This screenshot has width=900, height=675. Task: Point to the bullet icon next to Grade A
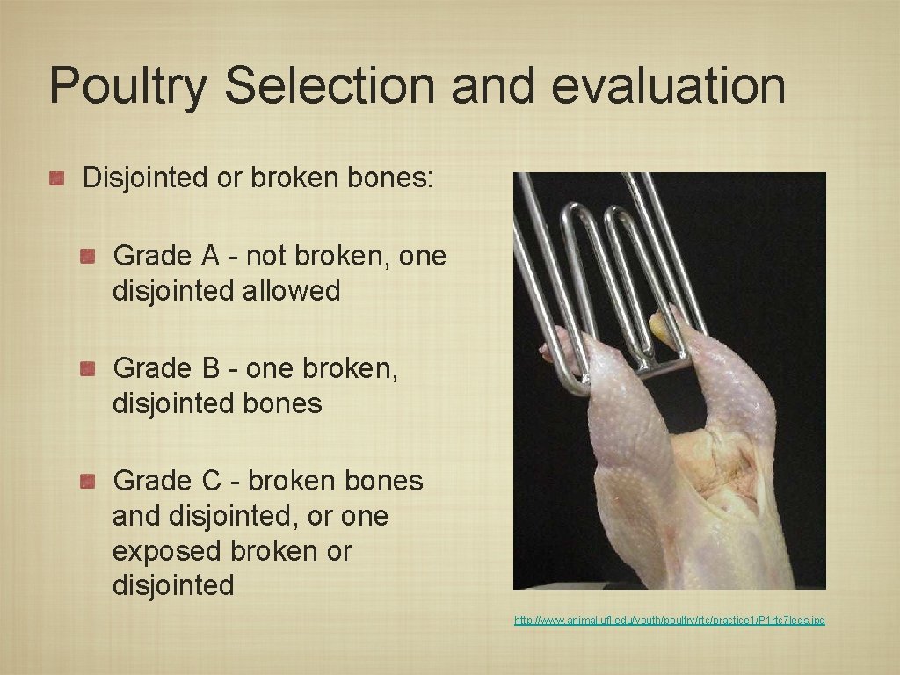click(x=88, y=257)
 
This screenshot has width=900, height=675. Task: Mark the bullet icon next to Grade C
click(x=88, y=482)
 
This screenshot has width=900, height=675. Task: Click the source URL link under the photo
click(x=669, y=621)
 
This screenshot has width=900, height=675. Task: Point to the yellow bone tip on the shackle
click(x=658, y=326)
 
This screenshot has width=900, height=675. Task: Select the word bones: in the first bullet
click(x=388, y=178)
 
